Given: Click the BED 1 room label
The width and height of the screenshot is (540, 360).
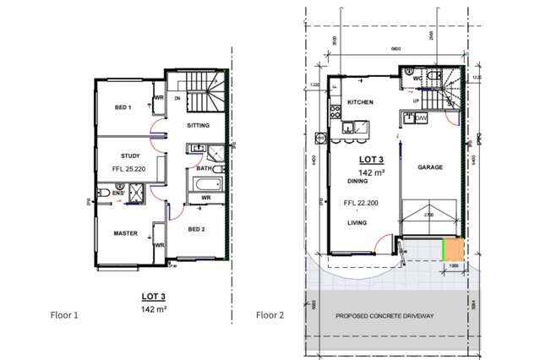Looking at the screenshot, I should pyautogui.click(x=123, y=107).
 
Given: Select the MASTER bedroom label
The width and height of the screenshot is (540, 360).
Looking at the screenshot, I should pyautogui.click(x=126, y=232).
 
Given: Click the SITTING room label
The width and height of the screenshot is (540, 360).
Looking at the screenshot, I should pyautogui.click(x=199, y=125).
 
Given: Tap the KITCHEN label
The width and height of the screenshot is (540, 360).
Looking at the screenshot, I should pyautogui.click(x=361, y=103).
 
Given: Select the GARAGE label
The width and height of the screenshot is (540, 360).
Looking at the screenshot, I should pyautogui.click(x=431, y=167).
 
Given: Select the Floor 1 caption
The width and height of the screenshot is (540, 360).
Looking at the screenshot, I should pyautogui.click(x=64, y=315).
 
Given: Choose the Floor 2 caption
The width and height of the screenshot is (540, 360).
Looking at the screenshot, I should pyautogui.click(x=270, y=315).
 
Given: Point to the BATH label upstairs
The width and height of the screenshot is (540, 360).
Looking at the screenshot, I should pyautogui.click(x=204, y=168).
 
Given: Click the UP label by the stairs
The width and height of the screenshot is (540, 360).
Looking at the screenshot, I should pyautogui.click(x=416, y=101).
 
